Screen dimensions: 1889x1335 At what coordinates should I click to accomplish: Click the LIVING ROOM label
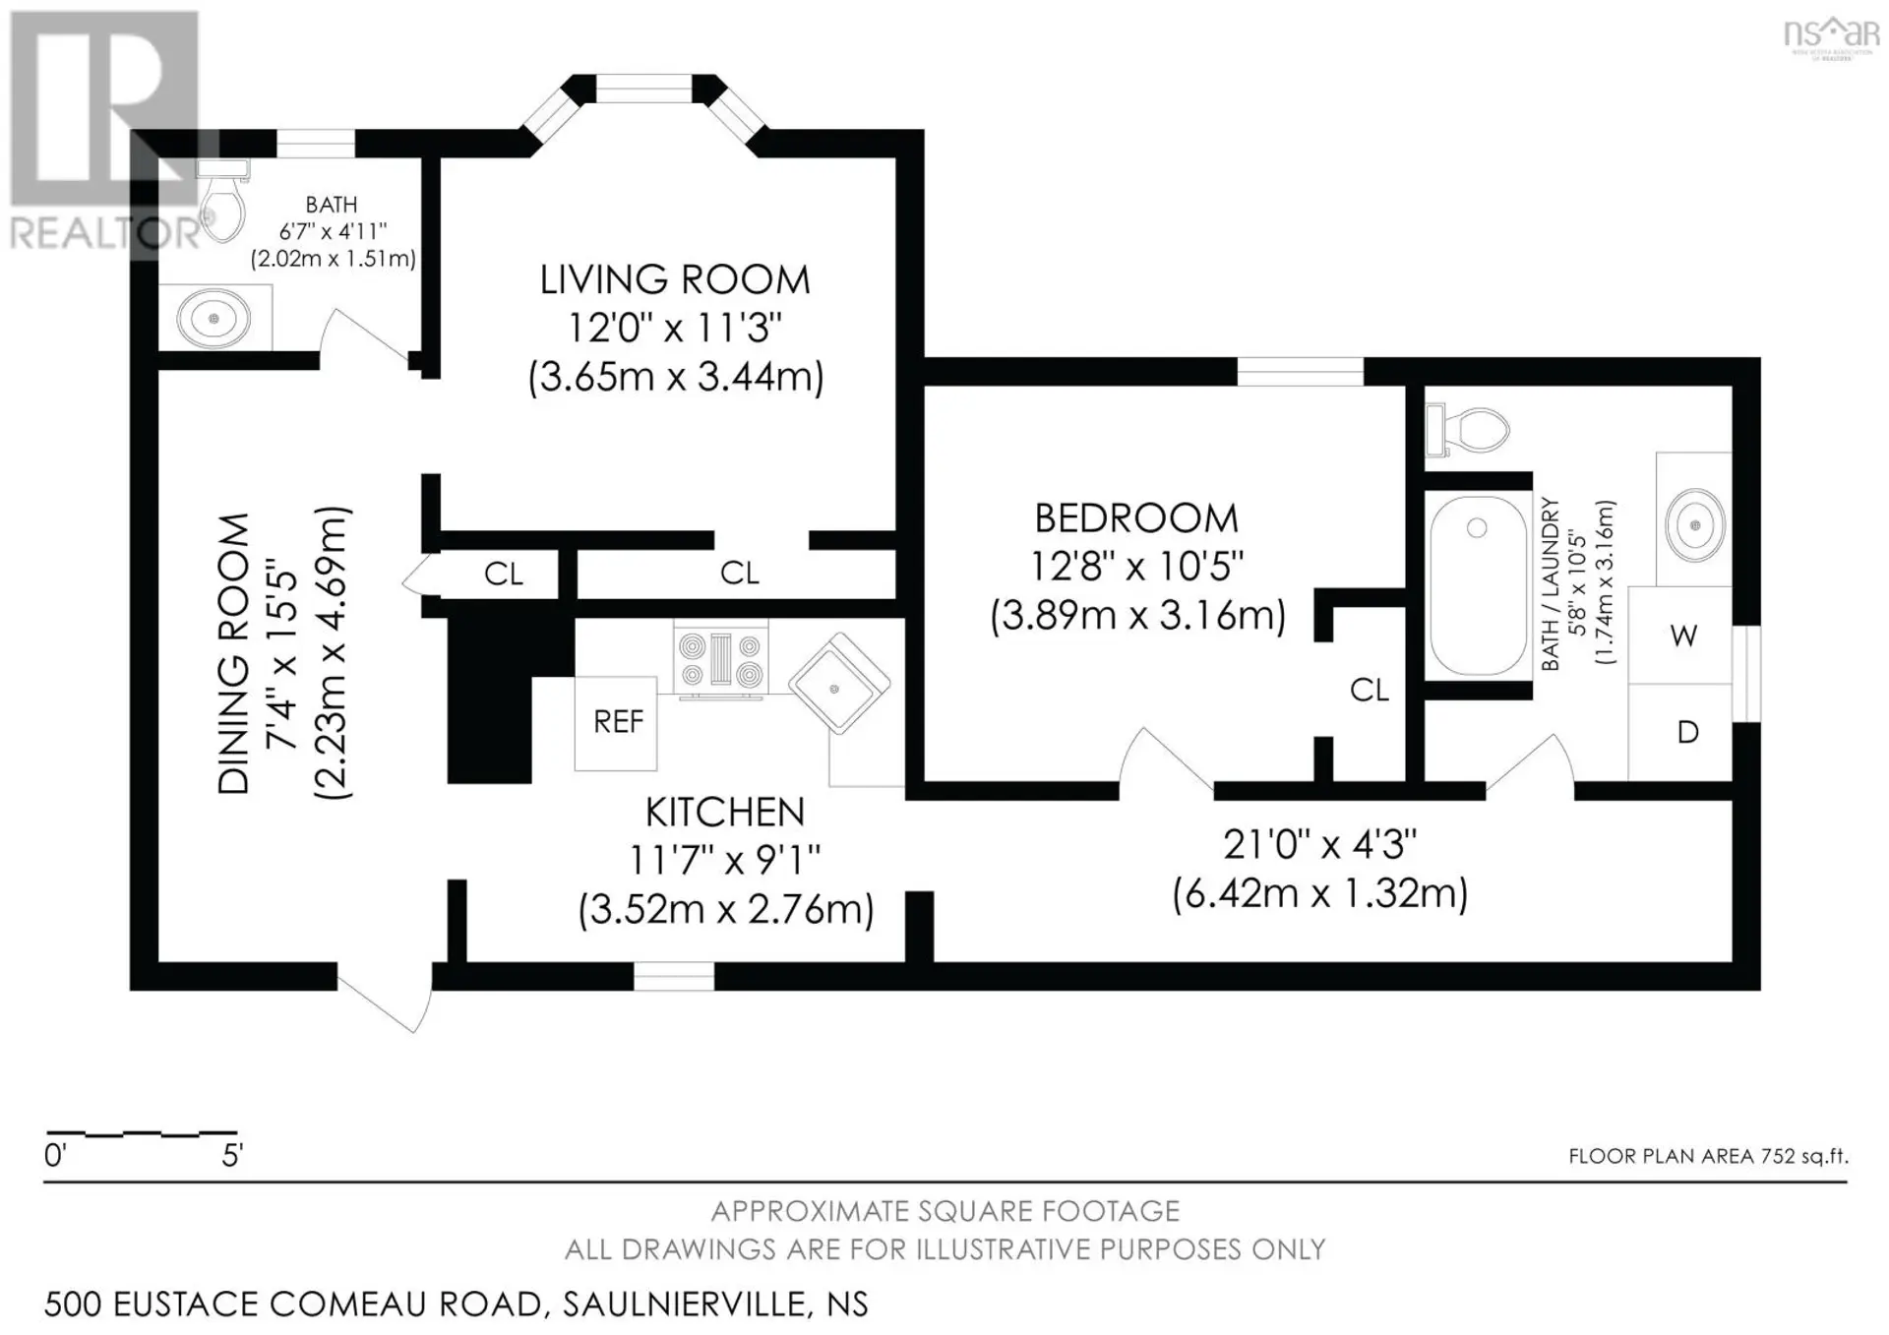[675, 280]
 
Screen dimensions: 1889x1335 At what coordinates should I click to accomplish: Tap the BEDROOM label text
[1136, 518]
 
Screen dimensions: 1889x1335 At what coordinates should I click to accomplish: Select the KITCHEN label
[725, 812]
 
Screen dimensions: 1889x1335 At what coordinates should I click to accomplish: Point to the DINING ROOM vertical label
[234, 653]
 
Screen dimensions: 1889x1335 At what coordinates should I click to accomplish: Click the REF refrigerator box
[616, 723]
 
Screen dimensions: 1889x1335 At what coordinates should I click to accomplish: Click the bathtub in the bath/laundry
[1478, 585]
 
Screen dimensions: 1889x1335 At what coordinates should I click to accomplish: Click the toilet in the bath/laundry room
[1466, 430]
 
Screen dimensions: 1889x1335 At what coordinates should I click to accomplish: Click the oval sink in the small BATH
[214, 318]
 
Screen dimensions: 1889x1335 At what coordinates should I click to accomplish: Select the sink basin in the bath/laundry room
[1694, 524]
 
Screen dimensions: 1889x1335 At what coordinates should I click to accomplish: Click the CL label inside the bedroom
[1370, 691]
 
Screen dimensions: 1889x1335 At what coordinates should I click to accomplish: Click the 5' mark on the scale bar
[232, 1155]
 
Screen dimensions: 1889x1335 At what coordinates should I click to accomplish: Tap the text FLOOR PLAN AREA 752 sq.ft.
[1708, 1156]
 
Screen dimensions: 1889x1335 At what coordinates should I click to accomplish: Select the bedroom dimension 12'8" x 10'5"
[1136, 567]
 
